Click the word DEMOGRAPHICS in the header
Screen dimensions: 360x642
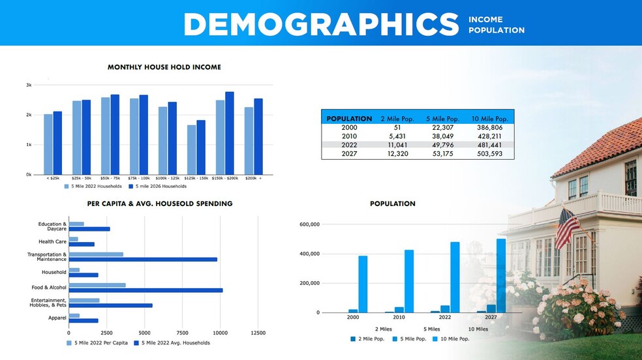(x=321, y=24)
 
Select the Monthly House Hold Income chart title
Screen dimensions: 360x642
(x=164, y=67)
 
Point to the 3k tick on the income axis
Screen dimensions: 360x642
(x=29, y=85)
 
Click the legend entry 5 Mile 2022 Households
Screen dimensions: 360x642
(x=95, y=186)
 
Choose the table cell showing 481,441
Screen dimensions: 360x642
(x=489, y=145)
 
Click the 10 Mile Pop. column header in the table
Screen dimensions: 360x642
(x=489, y=119)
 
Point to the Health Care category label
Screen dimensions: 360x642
(x=52, y=242)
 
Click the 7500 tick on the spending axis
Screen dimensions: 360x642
(x=182, y=333)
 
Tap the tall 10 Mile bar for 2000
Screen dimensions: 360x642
(x=363, y=284)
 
